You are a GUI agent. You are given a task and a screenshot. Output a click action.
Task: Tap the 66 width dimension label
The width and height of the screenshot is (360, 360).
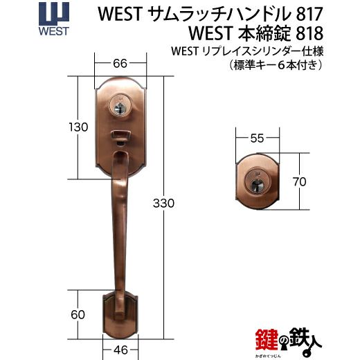pos(120,64)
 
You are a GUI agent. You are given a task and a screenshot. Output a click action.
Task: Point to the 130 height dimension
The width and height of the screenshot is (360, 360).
pos(78,127)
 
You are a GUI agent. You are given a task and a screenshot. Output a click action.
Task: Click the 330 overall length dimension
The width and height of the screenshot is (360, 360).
pos(163,204)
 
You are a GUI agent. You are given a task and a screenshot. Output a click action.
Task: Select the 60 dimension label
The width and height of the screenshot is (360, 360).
pos(78,314)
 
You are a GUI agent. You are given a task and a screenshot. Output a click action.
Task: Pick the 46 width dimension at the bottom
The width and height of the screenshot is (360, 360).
pos(120,350)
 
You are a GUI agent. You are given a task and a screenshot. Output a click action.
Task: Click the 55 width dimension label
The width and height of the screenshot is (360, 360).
pos(257,138)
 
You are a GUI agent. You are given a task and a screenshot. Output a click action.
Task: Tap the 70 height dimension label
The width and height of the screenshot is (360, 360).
pos(300,182)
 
